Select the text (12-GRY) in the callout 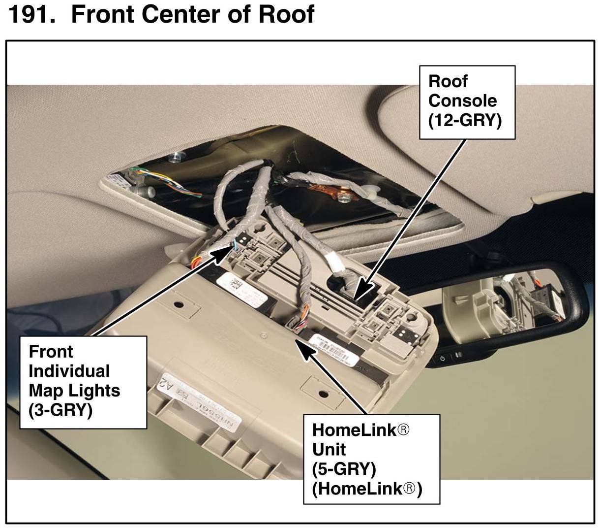click(464, 120)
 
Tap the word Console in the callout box click(462, 100)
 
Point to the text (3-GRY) click(60, 410)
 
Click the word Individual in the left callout click(69, 371)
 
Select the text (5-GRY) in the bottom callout click(344, 468)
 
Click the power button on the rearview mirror click(443, 358)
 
